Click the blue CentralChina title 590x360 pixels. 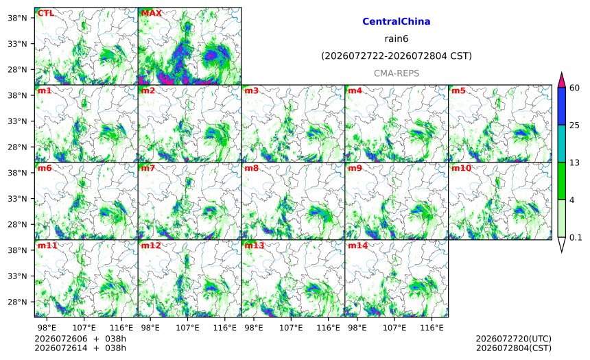point(397,21)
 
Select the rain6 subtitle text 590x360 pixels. point(397,39)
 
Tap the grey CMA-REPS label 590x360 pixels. point(397,73)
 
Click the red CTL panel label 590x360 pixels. point(45,13)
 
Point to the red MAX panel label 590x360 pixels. point(151,13)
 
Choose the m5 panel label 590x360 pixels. point(458,91)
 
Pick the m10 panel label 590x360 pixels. point(461,168)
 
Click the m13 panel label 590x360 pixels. point(255,245)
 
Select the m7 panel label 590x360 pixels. point(148,168)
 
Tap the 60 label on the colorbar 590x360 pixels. point(575,88)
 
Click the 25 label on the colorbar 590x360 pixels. point(575,125)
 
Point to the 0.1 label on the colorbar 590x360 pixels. point(576,237)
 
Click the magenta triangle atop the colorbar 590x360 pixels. point(561,80)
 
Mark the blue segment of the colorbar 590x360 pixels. point(561,106)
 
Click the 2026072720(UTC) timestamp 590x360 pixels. point(514,339)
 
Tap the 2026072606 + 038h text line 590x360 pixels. point(80,339)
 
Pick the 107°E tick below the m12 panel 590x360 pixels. point(187,328)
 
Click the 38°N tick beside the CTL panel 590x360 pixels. point(17,18)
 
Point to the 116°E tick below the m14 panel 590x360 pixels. point(432,328)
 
